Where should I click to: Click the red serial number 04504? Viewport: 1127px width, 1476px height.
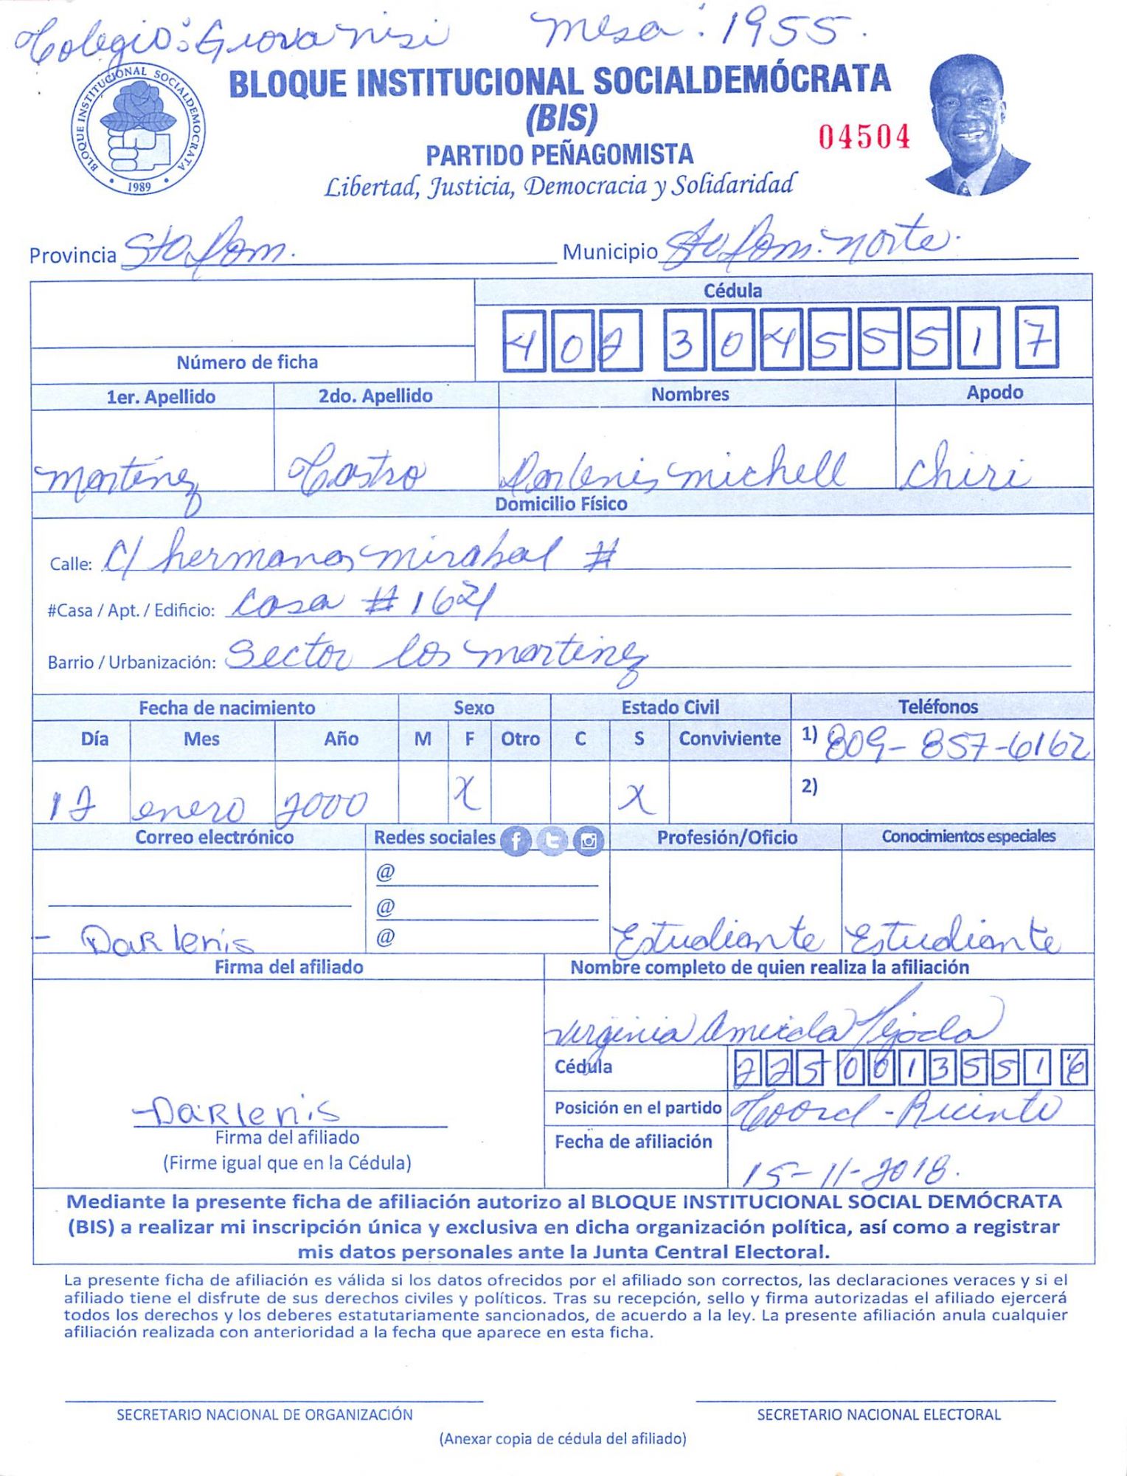tap(864, 137)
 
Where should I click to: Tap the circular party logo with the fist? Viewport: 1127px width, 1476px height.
tap(138, 131)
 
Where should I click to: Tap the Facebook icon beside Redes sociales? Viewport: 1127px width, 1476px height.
tap(516, 841)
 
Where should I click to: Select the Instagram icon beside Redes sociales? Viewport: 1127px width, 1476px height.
tap(588, 841)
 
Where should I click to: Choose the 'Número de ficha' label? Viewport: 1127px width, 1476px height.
tap(247, 362)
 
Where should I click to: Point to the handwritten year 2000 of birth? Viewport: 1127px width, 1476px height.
tap(321, 804)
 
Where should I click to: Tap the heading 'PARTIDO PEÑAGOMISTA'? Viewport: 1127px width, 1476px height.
tap(559, 155)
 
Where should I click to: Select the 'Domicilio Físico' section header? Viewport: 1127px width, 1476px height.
tap(561, 504)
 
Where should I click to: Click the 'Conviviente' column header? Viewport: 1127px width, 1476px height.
tap(729, 739)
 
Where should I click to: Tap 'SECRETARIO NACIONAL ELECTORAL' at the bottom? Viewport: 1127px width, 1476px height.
tap(878, 1415)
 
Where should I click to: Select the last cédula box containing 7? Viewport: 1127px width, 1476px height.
tap(1036, 338)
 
